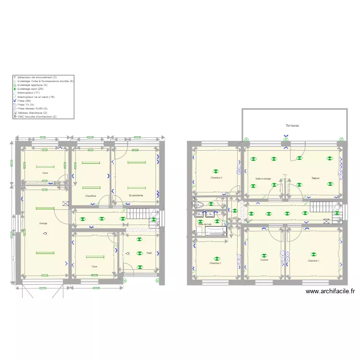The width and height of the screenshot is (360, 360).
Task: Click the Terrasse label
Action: click(292, 126)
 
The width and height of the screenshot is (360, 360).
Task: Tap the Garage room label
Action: click(43, 224)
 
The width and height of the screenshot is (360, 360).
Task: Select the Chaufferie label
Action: click(91, 196)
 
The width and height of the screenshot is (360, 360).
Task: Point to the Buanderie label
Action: click(136, 196)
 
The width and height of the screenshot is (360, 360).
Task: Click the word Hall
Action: click(149, 253)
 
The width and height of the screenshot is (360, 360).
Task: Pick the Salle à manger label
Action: click(263, 179)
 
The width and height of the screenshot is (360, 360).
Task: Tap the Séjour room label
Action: click(315, 178)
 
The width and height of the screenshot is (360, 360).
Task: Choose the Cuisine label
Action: click(264, 260)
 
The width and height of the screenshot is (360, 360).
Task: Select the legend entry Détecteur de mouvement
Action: click(36, 77)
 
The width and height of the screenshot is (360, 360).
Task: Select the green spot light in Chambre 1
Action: click(313, 255)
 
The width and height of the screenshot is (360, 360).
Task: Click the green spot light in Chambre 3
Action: click(216, 171)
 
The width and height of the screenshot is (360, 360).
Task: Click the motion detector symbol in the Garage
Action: click(45, 233)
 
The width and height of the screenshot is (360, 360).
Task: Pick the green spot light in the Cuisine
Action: click(263, 255)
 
